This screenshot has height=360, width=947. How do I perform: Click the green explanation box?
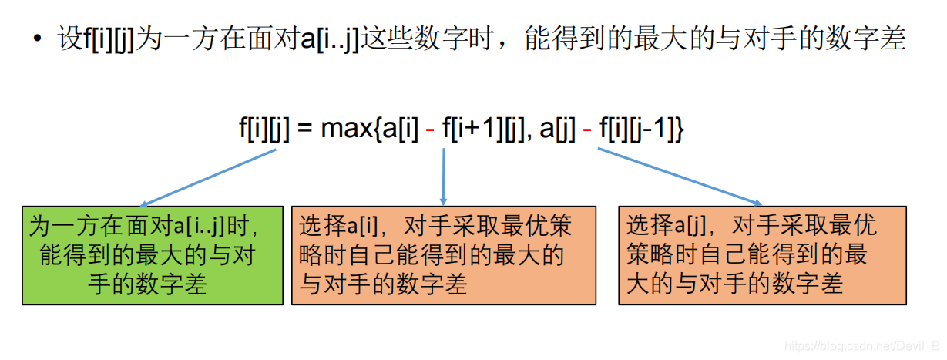(x=153, y=255)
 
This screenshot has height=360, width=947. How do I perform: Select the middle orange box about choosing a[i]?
(x=443, y=255)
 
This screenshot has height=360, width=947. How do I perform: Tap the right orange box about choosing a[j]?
(x=762, y=255)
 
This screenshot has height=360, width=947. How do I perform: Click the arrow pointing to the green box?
(x=208, y=177)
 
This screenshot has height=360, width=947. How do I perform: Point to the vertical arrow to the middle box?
(x=444, y=177)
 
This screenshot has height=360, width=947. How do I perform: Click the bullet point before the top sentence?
(x=38, y=38)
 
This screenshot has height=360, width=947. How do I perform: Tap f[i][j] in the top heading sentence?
(x=108, y=39)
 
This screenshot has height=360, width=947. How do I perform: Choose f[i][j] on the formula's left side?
(x=264, y=129)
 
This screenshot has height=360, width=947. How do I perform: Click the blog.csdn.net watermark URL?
(x=860, y=345)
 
